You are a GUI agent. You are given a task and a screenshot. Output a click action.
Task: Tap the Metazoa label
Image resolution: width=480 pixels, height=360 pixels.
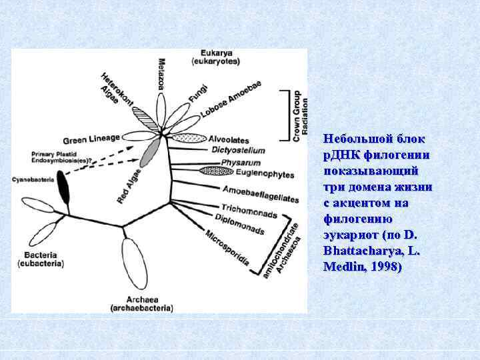click(161, 77)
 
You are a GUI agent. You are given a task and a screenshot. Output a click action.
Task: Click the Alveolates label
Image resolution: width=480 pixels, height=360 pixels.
click(229, 140)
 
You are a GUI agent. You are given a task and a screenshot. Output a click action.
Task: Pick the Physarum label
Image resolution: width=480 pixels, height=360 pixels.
click(237, 163)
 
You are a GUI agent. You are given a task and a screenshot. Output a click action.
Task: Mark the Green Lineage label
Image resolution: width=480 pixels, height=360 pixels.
click(91, 139)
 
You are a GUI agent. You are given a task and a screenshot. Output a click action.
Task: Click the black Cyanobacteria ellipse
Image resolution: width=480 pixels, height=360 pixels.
click(64, 188)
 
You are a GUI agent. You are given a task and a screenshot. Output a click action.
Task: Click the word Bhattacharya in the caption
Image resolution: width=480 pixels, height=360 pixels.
click(351, 251)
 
